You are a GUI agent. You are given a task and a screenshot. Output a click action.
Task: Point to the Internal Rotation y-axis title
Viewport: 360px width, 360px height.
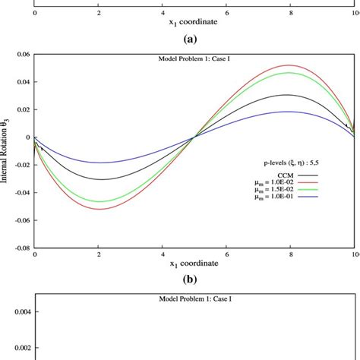pyautogui.click(x=5, y=151)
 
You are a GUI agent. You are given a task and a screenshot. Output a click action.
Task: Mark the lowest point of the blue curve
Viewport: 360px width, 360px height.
pyautogui.click(x=99, y=163)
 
